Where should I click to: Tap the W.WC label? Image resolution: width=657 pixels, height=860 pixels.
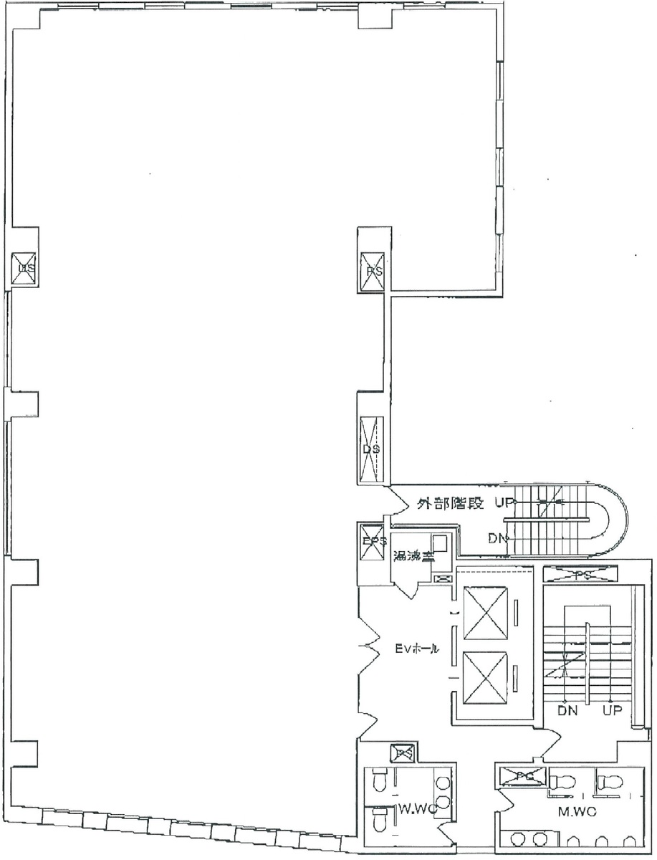coord(413,811)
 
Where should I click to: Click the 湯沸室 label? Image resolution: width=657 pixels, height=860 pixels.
coord(411,555)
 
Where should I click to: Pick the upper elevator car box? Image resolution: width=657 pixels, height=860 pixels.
coord(485,613)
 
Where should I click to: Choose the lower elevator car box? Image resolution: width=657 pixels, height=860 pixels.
coord(485,677)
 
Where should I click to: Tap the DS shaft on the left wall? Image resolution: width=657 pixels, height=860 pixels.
coord(27,269)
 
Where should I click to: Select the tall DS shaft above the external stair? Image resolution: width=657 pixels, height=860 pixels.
coord(371,449)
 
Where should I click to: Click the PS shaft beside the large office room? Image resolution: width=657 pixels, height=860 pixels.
coord(373,272)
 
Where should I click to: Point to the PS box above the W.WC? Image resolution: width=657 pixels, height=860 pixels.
coord(401,754)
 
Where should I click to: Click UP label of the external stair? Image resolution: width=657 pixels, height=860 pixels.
coord(501,504)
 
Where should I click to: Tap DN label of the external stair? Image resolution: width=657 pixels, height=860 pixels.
coord(498,538)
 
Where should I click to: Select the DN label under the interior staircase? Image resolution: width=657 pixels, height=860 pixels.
coord(568,711)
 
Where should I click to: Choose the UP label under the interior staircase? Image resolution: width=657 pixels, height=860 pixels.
coord(611,711)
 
